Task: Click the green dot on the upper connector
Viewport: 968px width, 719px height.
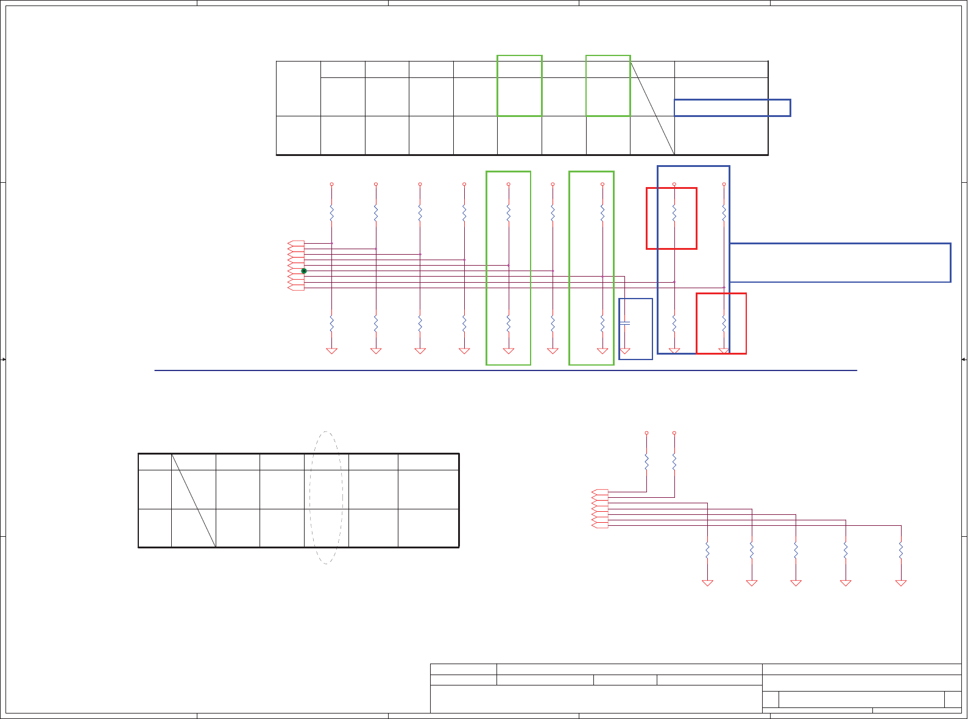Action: point(304,271)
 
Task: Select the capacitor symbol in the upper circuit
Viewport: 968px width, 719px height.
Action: point(624,322)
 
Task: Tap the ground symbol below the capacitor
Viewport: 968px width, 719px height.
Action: point(624,350)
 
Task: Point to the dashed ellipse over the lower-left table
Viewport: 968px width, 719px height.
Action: point(326,497)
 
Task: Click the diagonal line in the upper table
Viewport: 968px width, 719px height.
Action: point(652,108)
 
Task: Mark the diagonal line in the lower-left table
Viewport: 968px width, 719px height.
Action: point(194,500)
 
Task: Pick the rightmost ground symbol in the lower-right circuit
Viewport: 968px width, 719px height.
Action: point(901,583)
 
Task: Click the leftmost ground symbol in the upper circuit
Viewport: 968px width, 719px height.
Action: point(331,350)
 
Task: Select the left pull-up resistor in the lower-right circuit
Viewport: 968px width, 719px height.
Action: point(646,461)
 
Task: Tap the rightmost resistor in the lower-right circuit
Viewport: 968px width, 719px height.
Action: point(901,550)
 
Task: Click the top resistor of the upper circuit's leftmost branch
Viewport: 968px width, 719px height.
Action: point(331,213)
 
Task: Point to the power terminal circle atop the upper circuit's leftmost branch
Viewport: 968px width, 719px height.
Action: point(331,184)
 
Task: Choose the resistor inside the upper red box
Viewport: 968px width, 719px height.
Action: point(674,213)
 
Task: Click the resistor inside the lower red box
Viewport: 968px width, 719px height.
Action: point(724,322)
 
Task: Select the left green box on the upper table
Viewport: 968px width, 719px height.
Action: point(520,86)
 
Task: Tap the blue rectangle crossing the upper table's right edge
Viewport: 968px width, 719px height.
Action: point(732,108)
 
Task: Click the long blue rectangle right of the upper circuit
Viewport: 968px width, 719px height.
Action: point(840,263)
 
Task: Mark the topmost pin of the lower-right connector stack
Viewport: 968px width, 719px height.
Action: point(600,492)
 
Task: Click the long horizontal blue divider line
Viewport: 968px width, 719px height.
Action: point(506,370)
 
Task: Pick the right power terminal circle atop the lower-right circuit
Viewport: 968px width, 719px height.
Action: point(674,433)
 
